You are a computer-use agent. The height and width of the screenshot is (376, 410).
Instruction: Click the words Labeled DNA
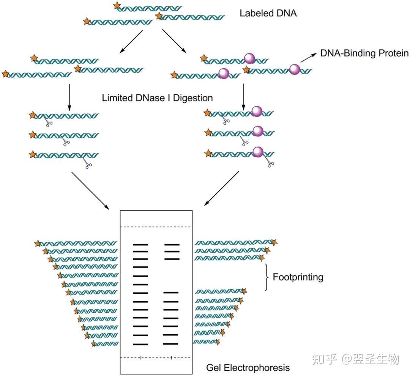pos(268,13)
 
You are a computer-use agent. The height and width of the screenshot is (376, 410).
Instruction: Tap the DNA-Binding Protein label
pos(364,53)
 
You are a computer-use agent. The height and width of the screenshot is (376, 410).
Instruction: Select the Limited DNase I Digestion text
pos(157,98)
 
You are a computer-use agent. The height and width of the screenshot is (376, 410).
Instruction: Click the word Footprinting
pos(298,277)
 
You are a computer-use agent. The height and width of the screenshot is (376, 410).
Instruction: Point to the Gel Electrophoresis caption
pos(248,367)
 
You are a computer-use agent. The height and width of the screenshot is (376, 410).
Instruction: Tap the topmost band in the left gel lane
pos(140,245)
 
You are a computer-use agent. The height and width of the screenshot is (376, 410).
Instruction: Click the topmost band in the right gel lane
pos(172,245)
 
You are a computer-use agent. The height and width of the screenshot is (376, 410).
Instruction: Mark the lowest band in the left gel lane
pos(140,344)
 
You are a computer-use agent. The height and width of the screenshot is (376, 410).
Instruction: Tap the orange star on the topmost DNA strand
pos(118,6)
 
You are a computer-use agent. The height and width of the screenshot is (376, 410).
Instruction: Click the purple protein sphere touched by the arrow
pos(294,69)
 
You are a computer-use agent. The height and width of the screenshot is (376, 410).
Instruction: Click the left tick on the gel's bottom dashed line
pos(141,357)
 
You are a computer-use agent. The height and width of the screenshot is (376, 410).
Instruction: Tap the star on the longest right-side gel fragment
pos(274,242)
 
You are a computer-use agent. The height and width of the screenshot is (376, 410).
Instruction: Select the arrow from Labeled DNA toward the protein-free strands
pos(131,42)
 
